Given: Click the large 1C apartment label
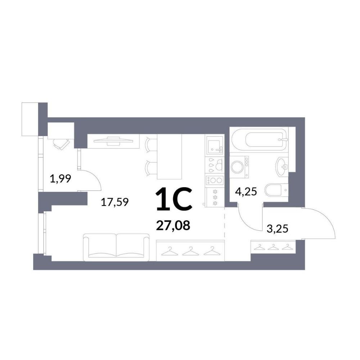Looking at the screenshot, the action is click(x=174, y=199).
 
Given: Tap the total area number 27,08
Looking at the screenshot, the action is click(x=173, y=226).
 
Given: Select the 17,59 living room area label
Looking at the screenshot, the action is click(x=115, y=202).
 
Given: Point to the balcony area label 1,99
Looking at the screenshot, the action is click(x=60, y=179).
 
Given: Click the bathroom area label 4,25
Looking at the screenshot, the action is click(x=246, y=191).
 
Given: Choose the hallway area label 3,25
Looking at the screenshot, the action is click(x=277, y=229).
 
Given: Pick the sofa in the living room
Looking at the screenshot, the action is click(x=116, y=247).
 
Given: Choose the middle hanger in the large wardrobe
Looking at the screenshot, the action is click(x=190, y=251).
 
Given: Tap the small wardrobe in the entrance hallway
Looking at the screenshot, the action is click(x=273, y=247).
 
